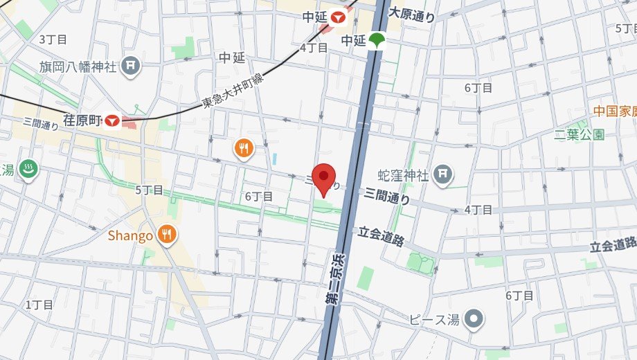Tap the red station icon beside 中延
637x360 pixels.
pos(338,17)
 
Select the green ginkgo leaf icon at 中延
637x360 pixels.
pos(376,40)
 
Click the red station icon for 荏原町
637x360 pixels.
pos(111,122)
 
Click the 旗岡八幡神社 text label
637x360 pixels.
pos(78,66)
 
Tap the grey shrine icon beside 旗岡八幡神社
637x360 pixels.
pos(130,66)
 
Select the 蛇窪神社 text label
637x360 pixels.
pos(403,174)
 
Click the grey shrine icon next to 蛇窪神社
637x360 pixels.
pos(443,174)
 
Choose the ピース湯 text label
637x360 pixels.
pos(433,319)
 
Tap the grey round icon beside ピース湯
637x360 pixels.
pos(474,319)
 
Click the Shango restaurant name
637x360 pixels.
pos(130,236)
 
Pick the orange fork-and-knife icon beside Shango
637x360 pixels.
pos(166,235)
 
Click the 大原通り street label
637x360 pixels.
pos(413,13)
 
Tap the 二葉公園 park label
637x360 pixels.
pos(580,134)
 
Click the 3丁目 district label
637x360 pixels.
pos(51,39)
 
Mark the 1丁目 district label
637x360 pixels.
pos(39,305)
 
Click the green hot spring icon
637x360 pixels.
pos(28,170)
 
